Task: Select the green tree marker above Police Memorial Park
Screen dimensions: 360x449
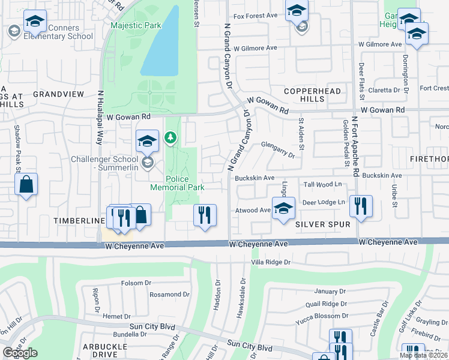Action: (x=171, y=139)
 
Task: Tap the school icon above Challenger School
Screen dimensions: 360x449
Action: (x=147, y=142)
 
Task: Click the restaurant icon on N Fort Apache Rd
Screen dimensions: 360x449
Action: (x=361, y=207)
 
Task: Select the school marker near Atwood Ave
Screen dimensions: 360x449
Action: (x=283, y=209)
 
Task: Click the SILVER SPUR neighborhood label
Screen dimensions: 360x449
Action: (x=318, y=224)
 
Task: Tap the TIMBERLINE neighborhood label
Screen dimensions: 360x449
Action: (x=79, y=221)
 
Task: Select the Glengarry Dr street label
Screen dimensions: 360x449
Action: (x=278, y=149)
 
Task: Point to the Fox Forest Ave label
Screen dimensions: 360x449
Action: (x=256, y=16)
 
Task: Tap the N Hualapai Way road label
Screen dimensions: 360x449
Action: (x=100, y=117)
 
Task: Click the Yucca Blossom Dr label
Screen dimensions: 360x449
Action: (x=321, y=316)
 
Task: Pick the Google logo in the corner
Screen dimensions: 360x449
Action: (x=20, y=353)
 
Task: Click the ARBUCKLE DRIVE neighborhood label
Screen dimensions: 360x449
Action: (x=105, y=350)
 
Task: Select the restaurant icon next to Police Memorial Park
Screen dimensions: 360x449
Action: (x=205, y=215)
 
